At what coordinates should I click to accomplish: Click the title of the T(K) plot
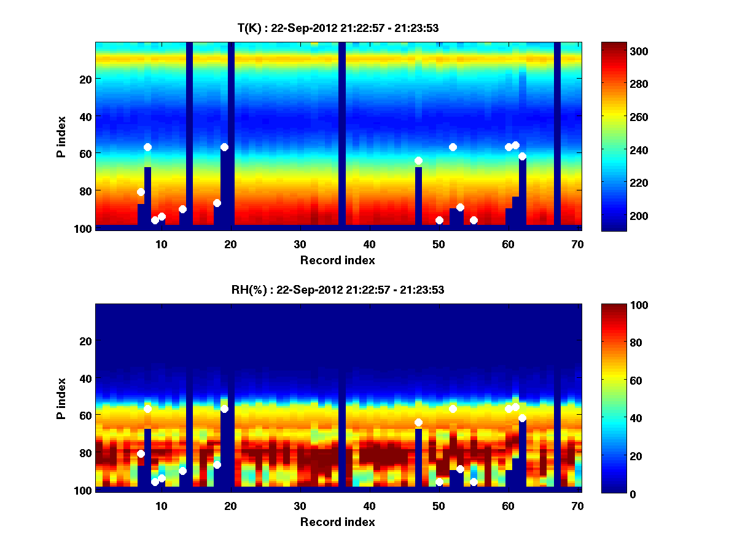point(338,28)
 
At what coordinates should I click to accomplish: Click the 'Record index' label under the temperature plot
point(338,260)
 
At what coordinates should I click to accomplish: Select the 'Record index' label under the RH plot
point(338,522)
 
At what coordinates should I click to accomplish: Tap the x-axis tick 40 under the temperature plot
point(369,244)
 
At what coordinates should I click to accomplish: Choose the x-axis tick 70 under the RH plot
point(577,506)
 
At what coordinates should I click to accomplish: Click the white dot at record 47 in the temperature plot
point(418,161)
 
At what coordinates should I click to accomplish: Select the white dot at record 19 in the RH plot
point(224,409)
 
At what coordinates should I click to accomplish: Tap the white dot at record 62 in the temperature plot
point(522,156)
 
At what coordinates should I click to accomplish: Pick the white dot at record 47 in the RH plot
point(418,423)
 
